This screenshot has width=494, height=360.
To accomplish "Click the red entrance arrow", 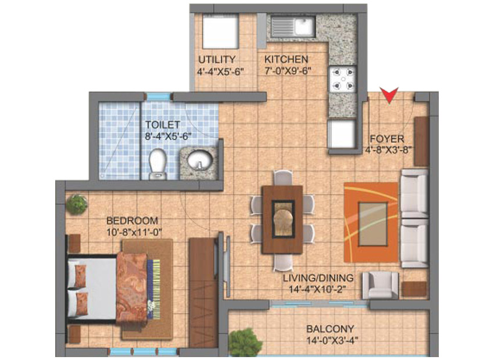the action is (x=389, y=95).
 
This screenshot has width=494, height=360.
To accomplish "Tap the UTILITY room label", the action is (x=217, y=59).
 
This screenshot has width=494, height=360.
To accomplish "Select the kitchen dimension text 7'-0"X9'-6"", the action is (x=288, y=70).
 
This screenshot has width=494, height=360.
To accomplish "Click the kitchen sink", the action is (x=293, y=27).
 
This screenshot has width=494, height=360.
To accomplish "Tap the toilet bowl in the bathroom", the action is (x=157, y=164).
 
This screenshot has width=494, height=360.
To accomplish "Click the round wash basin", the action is (x=200, y=160).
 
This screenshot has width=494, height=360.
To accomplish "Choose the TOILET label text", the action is (x=163, y=125).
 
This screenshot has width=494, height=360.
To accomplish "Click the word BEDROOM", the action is (x=132, y=220).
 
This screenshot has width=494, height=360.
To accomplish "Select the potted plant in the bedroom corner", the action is (x=77, y=204).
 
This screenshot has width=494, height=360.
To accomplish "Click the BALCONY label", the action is (x=330, y=329).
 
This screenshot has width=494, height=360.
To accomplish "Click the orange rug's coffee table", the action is (x=373, y=224).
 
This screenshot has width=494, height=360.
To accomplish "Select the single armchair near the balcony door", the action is (x=380, y=285).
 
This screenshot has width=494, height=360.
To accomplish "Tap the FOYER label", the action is (x=387, y=139).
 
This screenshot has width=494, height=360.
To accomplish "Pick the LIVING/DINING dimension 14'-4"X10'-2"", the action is (x=318, y=289).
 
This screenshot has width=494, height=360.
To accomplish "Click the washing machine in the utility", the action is (x=220, y=33).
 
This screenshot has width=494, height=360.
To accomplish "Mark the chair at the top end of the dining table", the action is (x=282, y=177).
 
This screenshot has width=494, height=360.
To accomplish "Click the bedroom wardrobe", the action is (x=203, y=293).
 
